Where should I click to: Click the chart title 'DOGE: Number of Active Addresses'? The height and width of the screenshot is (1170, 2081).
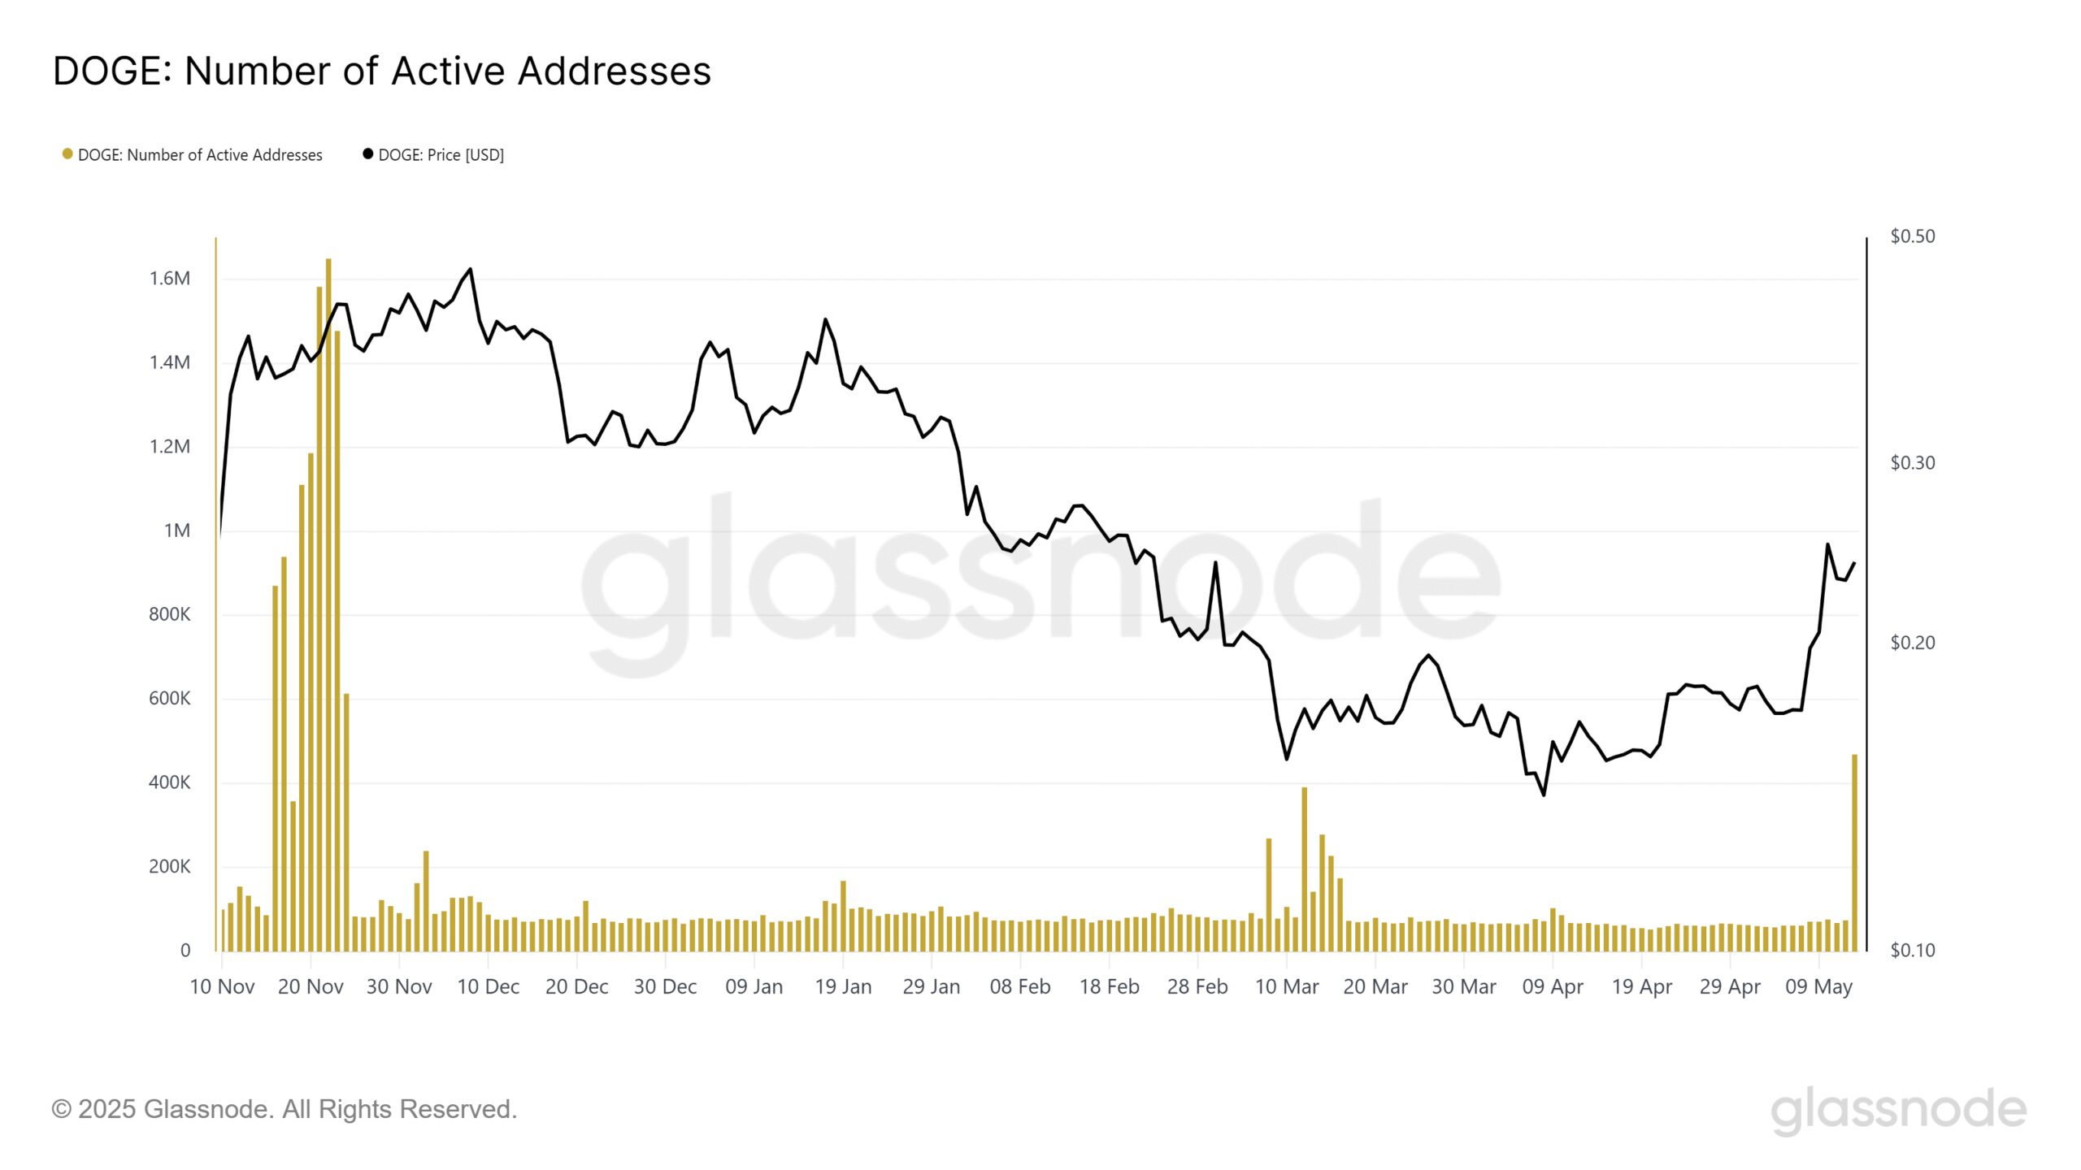[381, 71]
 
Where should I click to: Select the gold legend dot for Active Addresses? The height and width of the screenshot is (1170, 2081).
[67, 154]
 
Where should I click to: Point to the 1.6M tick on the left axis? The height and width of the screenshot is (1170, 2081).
[170, 279]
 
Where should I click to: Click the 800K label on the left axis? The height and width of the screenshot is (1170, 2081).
[169, 614]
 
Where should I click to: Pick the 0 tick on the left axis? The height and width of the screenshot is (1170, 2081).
[185, 950]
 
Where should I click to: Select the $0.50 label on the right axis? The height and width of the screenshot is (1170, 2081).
[1912, 236]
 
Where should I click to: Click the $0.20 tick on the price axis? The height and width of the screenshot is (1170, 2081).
[1912, 643]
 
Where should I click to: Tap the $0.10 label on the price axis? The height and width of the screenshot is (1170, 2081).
[1912, 950]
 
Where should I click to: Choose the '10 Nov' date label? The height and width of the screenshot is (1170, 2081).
[222, 986]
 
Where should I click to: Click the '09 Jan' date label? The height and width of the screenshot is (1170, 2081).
[754, 986]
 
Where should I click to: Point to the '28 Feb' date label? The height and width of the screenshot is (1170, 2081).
[1197, 986]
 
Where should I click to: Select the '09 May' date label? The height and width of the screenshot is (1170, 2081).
[1818, 986]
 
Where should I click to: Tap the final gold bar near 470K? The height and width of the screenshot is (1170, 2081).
[1854, 853]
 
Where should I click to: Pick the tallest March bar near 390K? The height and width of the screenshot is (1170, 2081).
[1304, 869]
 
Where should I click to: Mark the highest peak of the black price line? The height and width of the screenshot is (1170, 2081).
[471, 270]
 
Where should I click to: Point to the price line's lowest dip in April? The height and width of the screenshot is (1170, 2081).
[1544, 794]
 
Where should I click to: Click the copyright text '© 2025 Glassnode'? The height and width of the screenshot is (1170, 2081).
[284, 1109]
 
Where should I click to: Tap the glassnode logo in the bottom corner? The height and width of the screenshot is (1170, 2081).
[1898, 1110]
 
